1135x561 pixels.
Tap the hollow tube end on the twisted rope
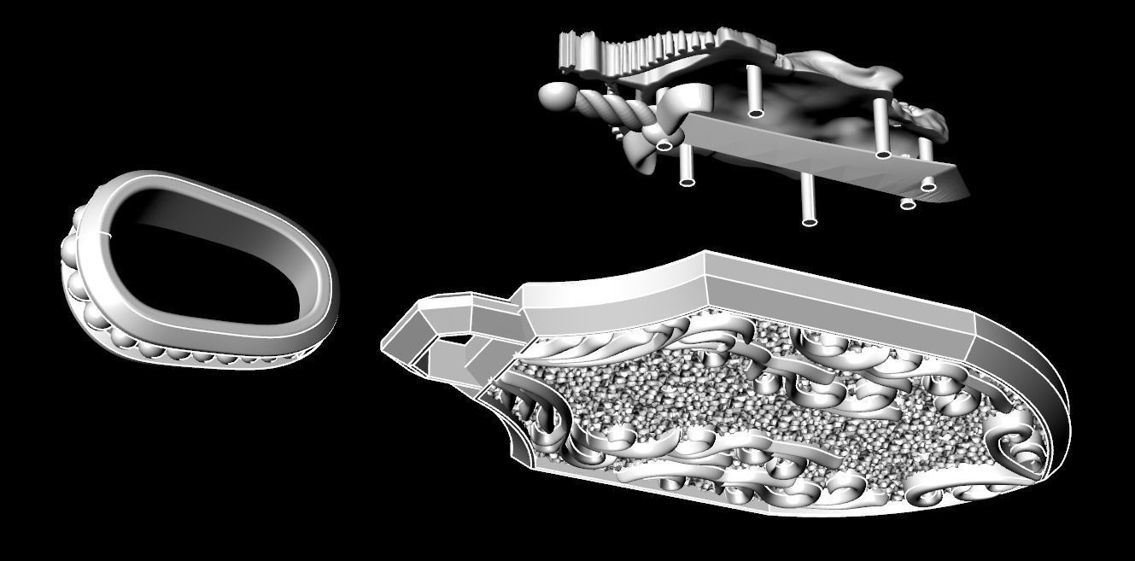point(665,145)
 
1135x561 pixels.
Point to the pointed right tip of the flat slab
point(965,195)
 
